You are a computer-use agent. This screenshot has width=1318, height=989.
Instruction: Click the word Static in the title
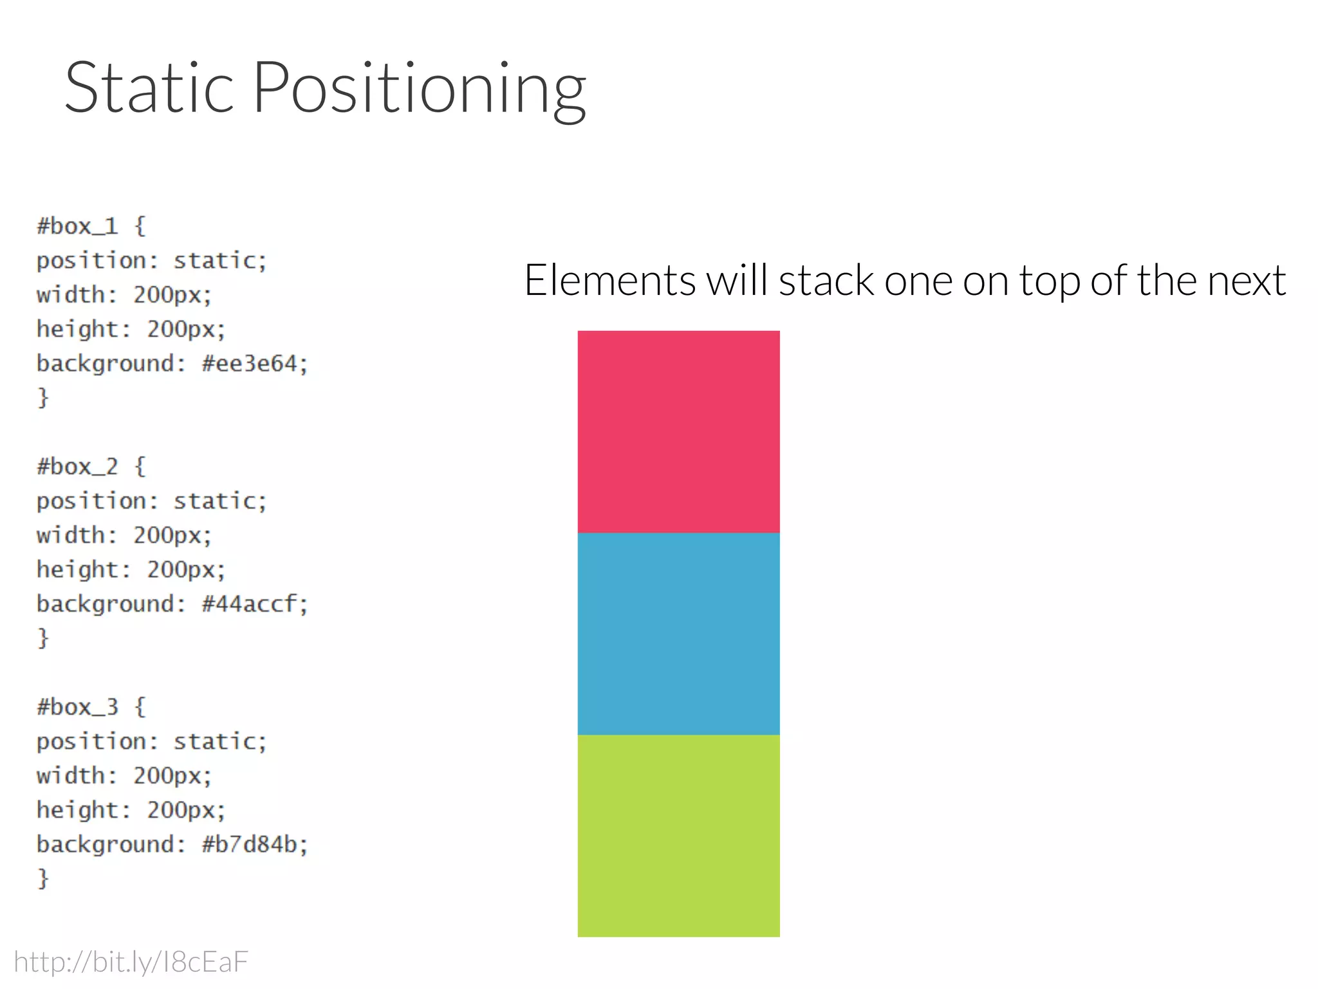[x=149, y=88]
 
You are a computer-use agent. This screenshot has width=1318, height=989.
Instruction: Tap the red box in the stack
[x=678, y=431]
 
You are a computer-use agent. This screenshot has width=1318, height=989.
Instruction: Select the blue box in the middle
[x=678, y=634]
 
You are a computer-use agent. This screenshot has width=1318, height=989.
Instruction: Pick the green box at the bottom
[x=678, y=835]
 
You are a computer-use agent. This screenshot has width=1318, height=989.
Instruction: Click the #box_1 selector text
[x=78, y=227]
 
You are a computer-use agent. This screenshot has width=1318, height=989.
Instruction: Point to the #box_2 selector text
[x=78, y=467]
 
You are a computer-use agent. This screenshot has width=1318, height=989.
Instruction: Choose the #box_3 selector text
[x=78, y=707]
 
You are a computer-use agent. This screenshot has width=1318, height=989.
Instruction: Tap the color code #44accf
[x=250, y=604]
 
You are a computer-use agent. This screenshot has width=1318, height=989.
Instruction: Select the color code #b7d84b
[x=250, y=844]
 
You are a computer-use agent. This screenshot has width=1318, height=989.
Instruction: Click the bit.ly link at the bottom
[x=131, y=962]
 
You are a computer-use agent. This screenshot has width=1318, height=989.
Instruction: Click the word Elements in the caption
[x=609, y=281]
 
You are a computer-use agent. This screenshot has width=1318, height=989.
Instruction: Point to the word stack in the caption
[x=826, y=281]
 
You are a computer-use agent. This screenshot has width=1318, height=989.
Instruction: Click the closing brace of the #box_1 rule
[x=43, y=398]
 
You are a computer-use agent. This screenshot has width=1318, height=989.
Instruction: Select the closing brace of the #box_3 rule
[x=43, y=878]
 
